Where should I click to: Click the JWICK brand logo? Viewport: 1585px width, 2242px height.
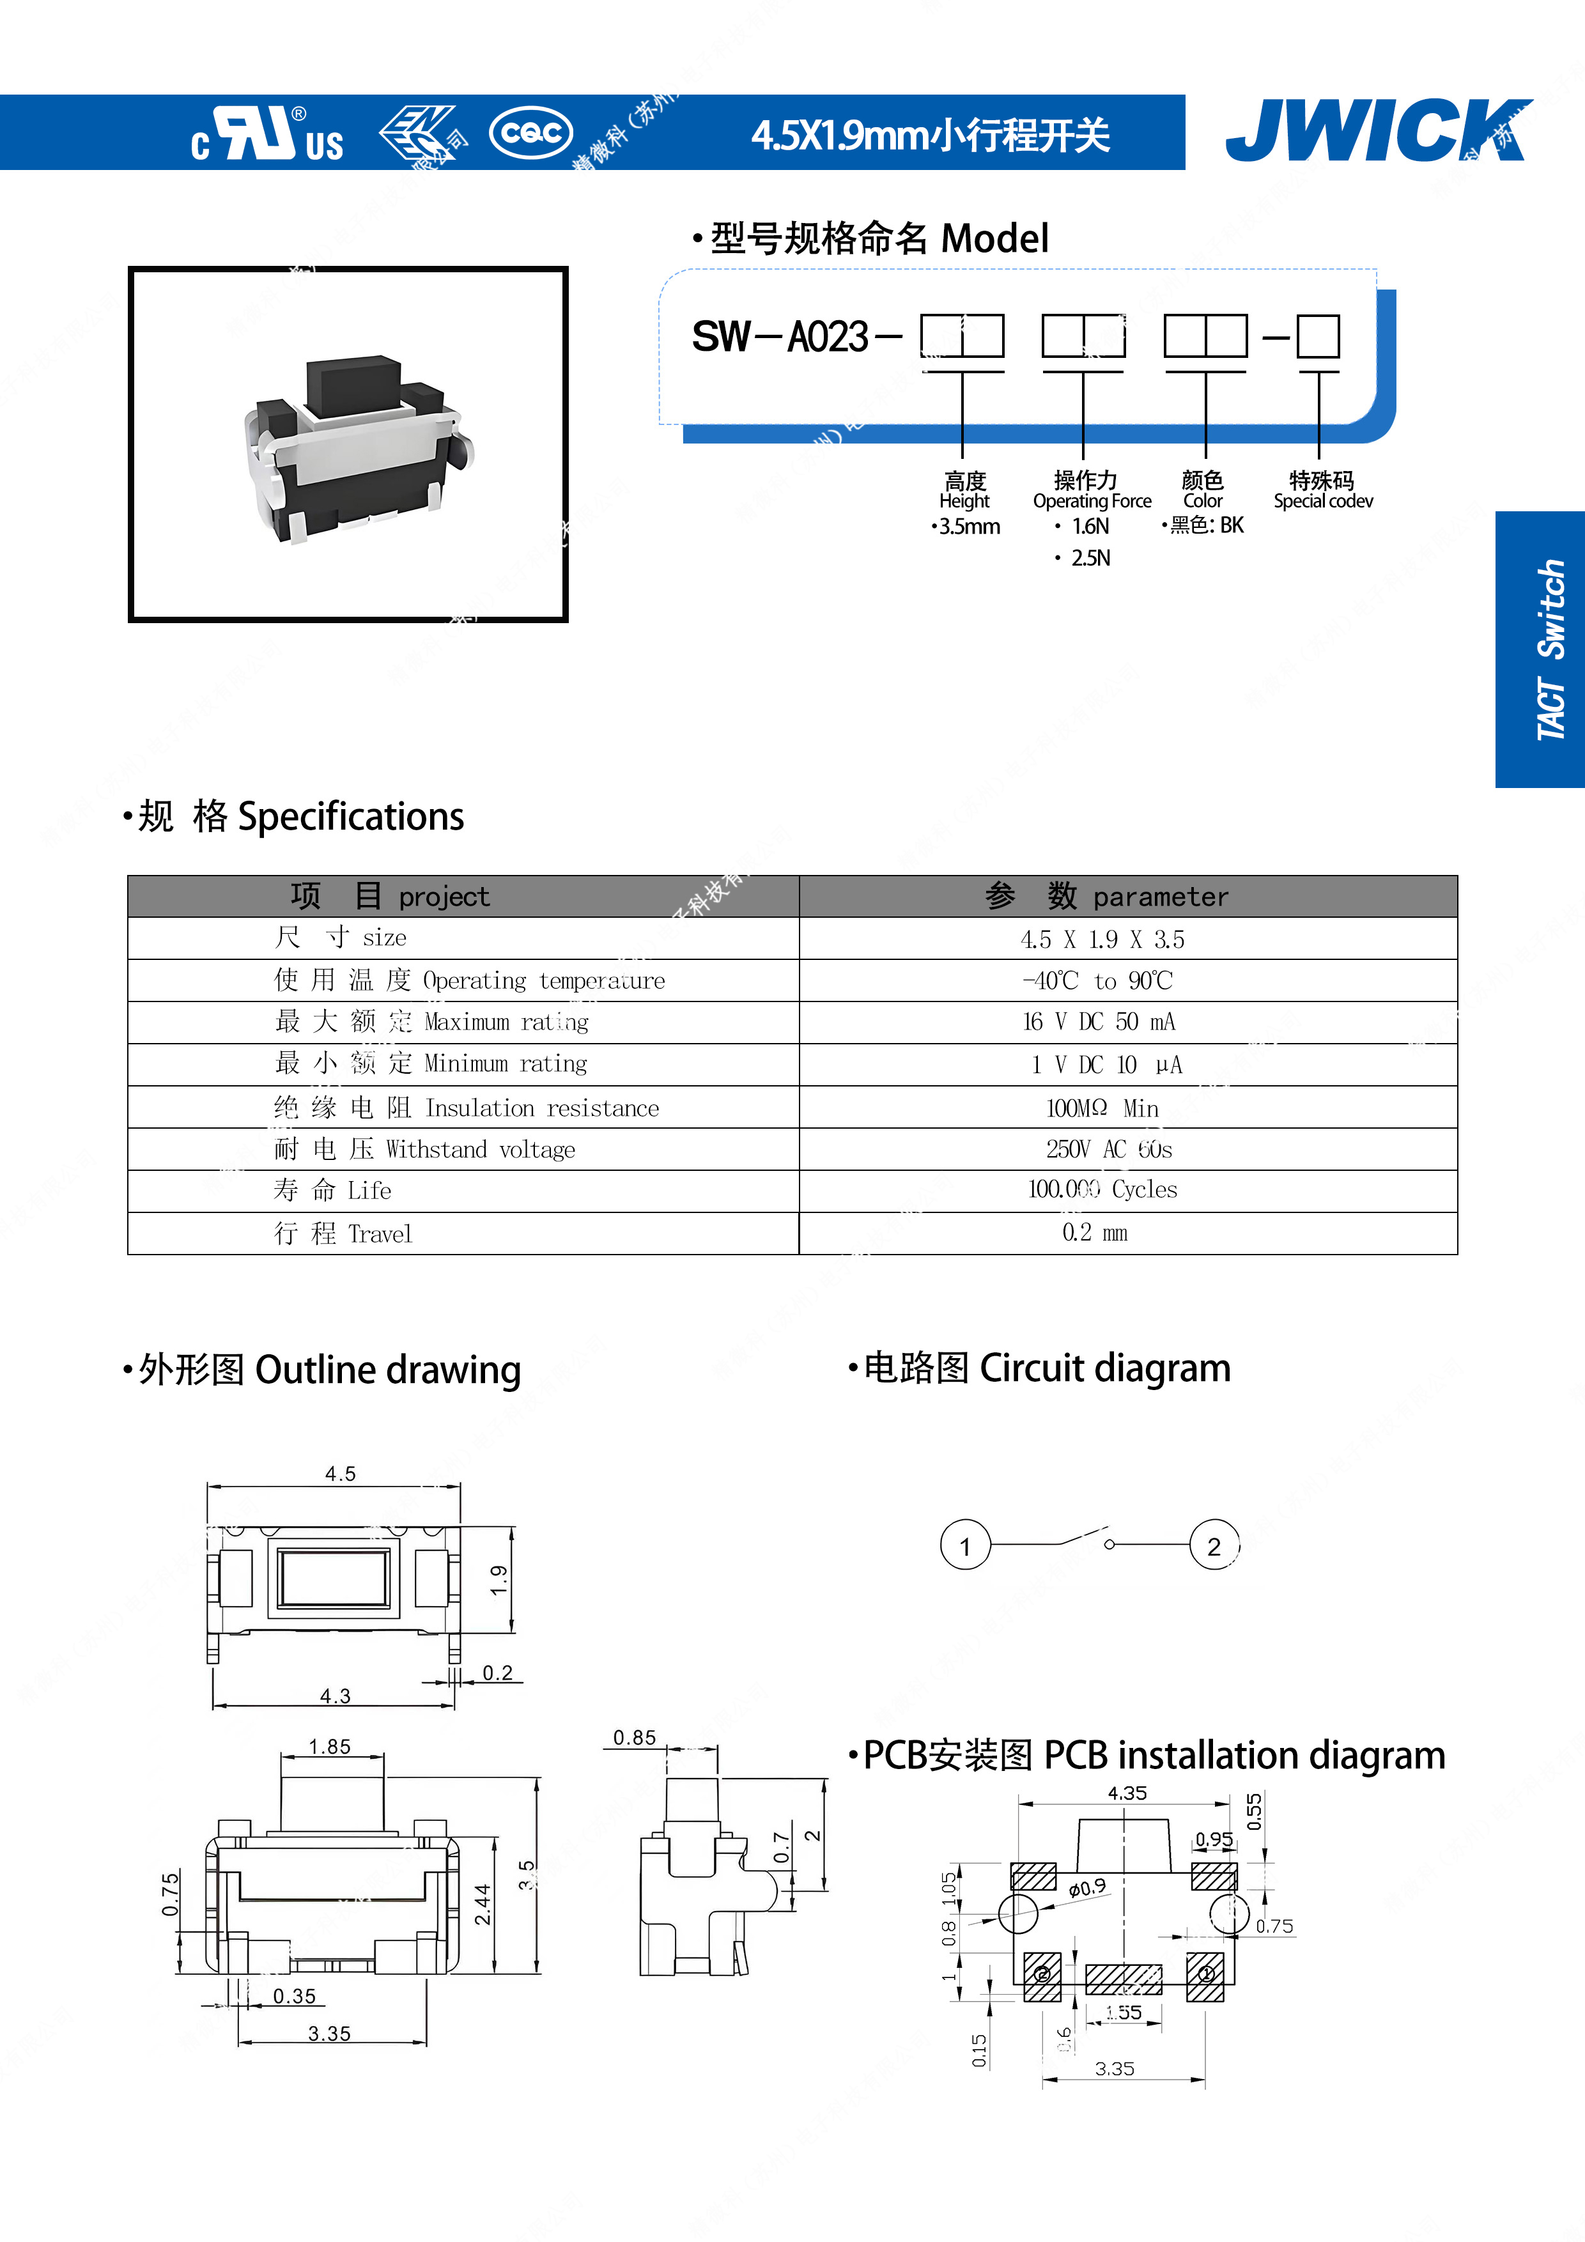tap(1377, 131)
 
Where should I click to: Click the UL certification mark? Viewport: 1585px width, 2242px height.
tap(267, 134)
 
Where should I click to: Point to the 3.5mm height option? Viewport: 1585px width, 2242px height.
tap(968, 527)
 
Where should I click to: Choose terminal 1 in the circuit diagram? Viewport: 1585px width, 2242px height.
tap(965, 1546)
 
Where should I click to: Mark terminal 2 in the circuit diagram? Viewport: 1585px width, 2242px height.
tap(1214, 1546)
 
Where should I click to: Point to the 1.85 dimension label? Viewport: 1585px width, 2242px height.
tap(329, 1747)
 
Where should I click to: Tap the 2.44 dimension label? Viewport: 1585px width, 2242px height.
tap(483, 1904)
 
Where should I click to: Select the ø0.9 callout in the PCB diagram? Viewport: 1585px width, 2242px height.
tap(1087, 1887)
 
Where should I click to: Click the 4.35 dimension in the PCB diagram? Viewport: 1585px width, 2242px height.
tap(1127, 1793)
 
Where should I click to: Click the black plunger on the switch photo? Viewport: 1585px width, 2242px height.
tap(353, 383)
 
